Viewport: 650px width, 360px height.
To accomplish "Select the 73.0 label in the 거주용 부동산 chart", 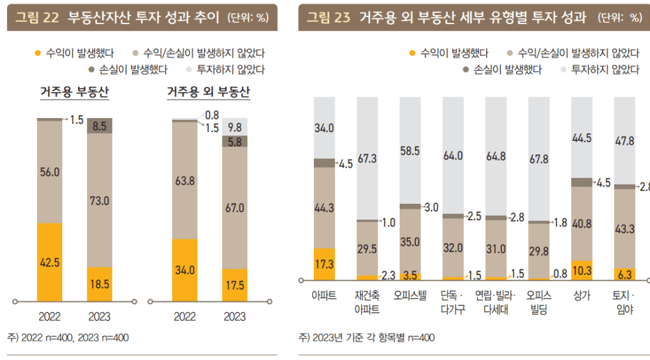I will (x=100, y=201).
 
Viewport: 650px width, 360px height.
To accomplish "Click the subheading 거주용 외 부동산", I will (x=208, y=92).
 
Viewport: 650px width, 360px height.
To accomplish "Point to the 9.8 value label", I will (x=235, y=126).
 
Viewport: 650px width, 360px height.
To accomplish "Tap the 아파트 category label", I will (x=324, y=296).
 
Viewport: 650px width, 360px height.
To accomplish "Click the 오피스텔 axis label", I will (x=410, y=296).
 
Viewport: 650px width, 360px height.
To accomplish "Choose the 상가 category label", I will (x=581, y=296).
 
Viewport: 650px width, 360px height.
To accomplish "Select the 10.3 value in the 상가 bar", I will (x=581, y=270).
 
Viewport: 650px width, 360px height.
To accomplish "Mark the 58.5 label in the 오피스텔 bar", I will (x=410, y=151).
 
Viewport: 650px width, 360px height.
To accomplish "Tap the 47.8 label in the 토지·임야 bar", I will (x=623, y=141).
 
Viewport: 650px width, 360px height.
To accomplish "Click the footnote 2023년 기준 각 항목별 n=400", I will (x=367, y=338).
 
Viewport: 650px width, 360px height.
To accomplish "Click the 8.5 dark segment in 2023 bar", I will (x=100, y=126).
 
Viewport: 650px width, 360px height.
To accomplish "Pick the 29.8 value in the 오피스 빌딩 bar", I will (x=539, y=251).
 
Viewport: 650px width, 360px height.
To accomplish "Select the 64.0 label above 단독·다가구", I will (x=452, y=155).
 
